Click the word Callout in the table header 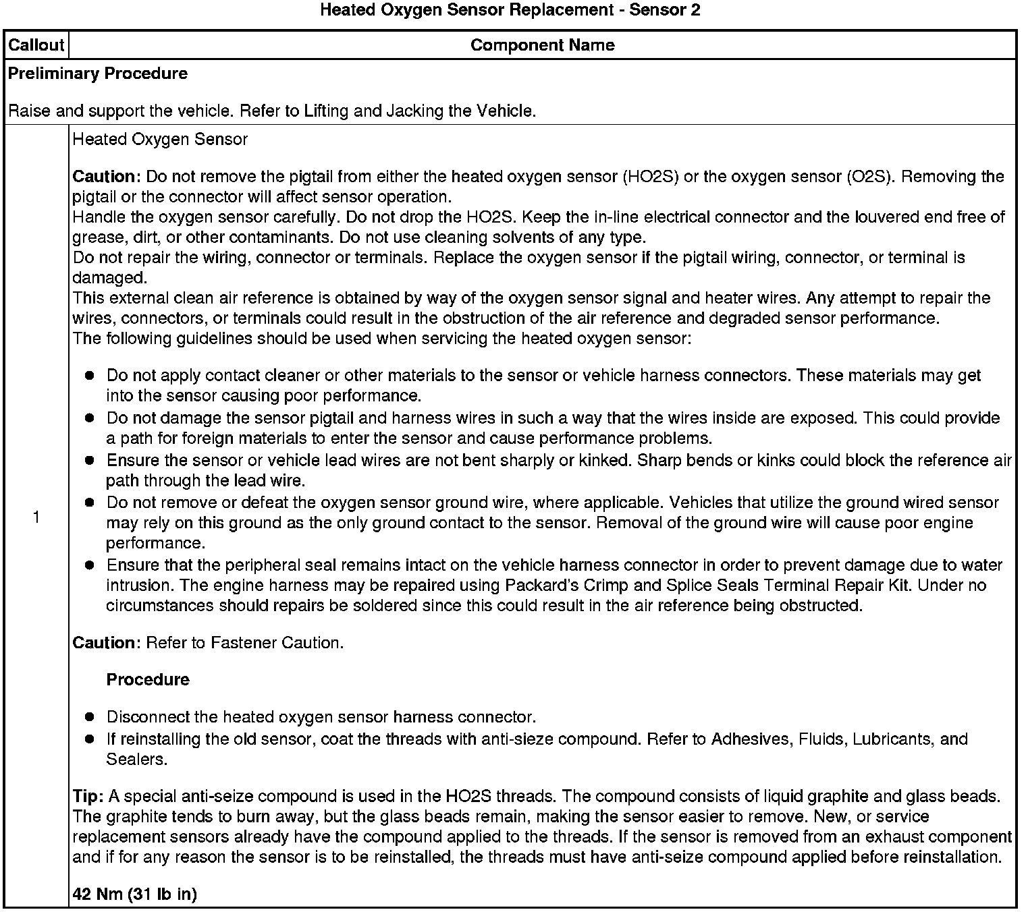click(x=36, y=45)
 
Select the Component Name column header click(x=542, y=45)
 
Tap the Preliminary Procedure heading click(x=98, y=74)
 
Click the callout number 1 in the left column click(x=36, y=517)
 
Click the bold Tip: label click(x=88, y=797)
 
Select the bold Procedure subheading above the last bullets click(x=148, y=679)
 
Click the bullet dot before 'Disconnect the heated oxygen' click(x=89, y=717)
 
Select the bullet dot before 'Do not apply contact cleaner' click(x=89, y=376)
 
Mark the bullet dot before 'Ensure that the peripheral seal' click(x=89, y=565)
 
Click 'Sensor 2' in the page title click(x=664, y=10)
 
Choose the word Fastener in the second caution click(x=241, y=643)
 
